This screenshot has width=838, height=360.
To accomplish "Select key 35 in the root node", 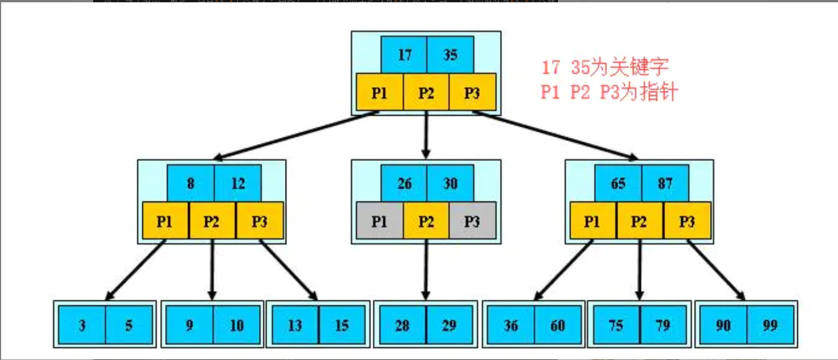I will point(450,55).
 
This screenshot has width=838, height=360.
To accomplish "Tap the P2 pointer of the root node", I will point(426,93).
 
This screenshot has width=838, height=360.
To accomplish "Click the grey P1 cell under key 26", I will point(379,221).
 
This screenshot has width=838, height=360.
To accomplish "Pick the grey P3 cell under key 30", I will point(472,221).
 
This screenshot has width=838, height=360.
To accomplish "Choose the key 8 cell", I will point(190,183).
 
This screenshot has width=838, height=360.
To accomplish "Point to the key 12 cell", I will point(238,183).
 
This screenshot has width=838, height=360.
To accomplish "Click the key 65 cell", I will point(618,183).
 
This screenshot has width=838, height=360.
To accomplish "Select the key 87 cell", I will point(665,183).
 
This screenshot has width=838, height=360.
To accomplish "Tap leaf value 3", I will point(82,325).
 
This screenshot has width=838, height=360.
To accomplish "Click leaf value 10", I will point(237,325).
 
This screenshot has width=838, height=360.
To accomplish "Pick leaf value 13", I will point(295,325).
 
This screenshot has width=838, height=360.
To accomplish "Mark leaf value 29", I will point(449,325).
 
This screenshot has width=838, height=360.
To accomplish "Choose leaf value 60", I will point(558,325).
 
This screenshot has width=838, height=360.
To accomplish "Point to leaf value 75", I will point(616,325).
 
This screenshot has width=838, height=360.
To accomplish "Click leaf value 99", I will point(770,325).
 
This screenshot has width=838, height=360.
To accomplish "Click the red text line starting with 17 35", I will point(605,68).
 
